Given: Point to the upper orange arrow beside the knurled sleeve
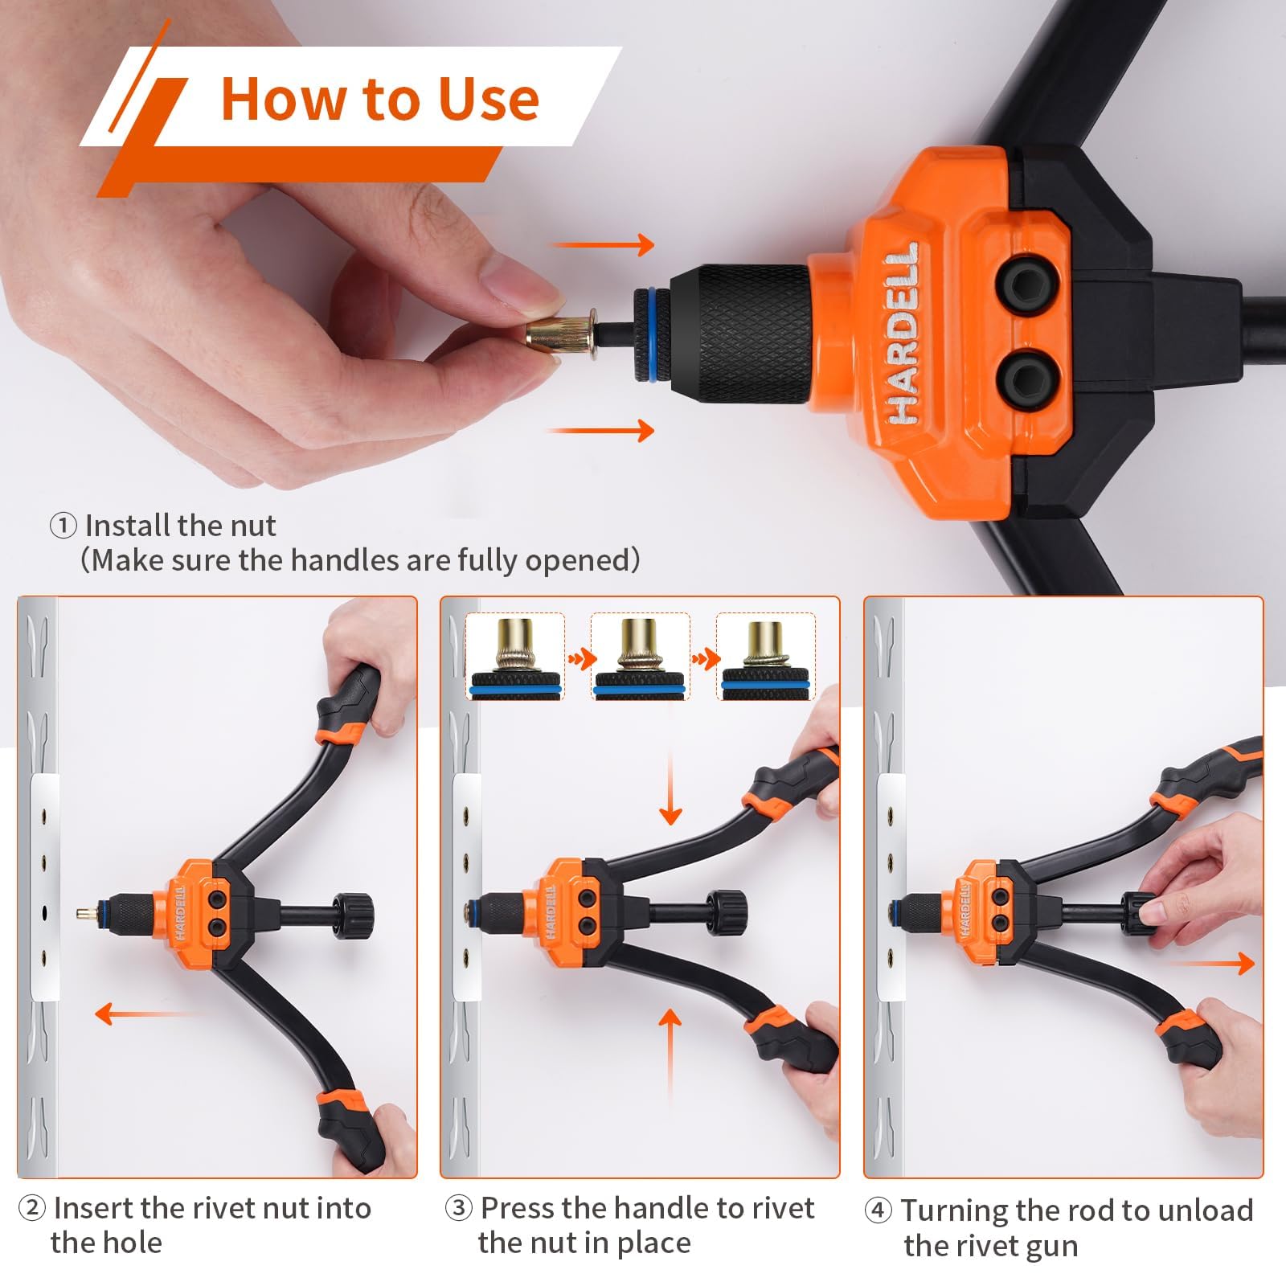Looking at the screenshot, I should point(603,245).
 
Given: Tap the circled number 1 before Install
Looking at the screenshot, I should point(63,526).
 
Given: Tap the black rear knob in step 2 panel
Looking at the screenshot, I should point(354,912).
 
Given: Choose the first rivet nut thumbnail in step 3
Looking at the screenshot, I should point(515,656).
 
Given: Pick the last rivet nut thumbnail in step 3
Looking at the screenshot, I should point(765,656).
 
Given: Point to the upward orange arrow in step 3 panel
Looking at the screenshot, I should point(670,1053).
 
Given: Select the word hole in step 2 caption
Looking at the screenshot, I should point(134,1243).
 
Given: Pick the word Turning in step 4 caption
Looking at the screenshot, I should point(953,1210).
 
